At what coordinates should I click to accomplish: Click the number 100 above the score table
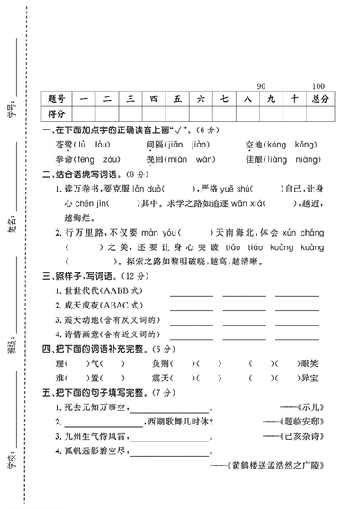(x=318, y=87)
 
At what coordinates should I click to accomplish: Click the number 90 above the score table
(x=262, y=87)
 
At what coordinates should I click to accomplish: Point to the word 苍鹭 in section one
(x=65, y=144)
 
